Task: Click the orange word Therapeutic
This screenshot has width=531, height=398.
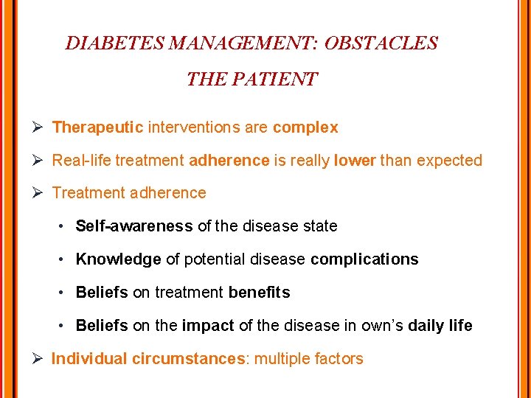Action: (x=97, y=128)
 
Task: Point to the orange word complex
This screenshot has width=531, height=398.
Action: (x=305, y=128)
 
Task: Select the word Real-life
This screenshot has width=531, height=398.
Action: (x=82, y=160)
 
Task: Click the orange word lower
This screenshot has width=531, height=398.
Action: (x=355, y=160)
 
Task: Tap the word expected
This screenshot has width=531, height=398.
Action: (x=449, y=160)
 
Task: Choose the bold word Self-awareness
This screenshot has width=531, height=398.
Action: (x=134, y=226)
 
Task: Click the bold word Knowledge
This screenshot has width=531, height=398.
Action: (x=118, y=259)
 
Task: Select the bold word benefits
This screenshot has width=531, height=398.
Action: (x=259, y=293)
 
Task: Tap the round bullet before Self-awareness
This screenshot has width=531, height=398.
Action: (x=64, y=226)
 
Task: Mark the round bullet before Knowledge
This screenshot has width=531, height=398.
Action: (x=64, y=259)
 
